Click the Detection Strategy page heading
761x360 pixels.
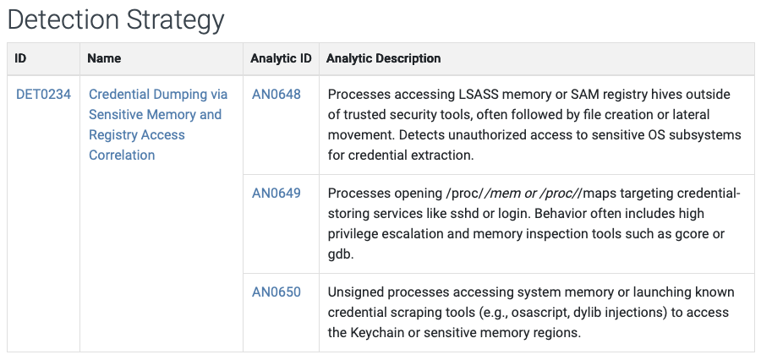(x=116, y=19)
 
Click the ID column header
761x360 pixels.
(x=21, y=58)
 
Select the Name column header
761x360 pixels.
(x=105, y=58)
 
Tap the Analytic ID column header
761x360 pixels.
(x=281, y=58)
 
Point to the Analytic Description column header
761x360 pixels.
(x=383, y=58)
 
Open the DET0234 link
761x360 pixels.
(x=43, y=94)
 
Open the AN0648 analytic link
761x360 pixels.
(x=276, y=94)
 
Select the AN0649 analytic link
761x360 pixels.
(x=276, y=193)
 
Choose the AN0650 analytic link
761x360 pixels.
(x=276, y=292)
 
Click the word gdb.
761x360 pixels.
(x=339, y=254)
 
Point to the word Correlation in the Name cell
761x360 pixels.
(x=122, y=155)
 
